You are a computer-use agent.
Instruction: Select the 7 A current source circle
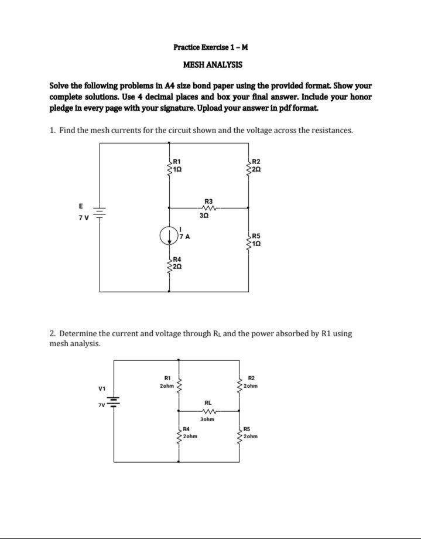169,236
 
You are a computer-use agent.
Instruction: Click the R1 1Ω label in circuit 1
178,165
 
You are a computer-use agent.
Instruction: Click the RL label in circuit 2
208,402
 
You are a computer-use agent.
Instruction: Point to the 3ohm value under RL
207,419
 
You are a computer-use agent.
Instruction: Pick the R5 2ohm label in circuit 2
251,434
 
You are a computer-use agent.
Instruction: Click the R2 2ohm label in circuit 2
252,382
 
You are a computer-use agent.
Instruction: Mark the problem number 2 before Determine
52,334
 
